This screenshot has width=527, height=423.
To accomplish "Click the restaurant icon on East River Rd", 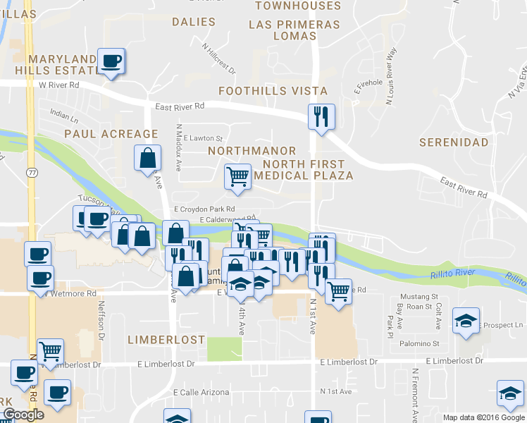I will click(321, 116).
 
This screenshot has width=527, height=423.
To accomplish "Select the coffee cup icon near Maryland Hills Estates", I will click(111, 61).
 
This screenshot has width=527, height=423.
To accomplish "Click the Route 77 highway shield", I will click(32, 172).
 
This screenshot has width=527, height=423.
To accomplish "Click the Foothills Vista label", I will click(273, 91).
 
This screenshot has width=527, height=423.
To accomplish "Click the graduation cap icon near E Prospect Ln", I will click(466, 321).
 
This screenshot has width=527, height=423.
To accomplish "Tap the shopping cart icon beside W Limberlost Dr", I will click(51, 350).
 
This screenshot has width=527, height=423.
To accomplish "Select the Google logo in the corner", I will click(23, 415).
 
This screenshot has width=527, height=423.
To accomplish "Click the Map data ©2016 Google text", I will click(484, 417).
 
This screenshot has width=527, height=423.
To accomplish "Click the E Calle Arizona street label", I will click(201, 392).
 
